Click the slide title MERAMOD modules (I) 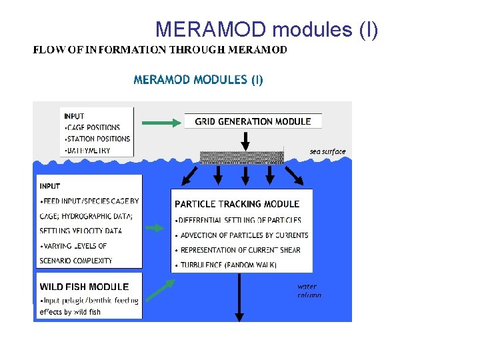267,29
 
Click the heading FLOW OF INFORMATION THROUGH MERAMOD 161,50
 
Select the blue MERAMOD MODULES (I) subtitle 199,80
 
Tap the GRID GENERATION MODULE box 253,121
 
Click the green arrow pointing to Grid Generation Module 161,122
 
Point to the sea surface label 327,151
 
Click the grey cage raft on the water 241,157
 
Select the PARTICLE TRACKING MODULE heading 237,204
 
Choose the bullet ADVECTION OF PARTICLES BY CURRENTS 244,235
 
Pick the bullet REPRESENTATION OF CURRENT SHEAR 240,250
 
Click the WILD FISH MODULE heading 84,287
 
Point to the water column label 309,291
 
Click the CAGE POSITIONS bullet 93,127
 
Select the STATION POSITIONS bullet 99,139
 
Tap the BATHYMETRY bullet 89,151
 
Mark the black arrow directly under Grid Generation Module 245,140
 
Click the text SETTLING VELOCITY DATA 81,231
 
